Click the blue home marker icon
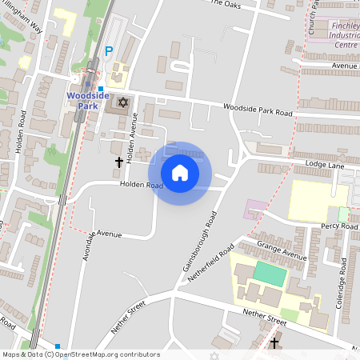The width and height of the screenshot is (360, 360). coord(180,173)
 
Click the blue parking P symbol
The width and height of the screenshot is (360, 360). coord(109,51)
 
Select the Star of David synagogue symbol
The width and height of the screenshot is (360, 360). coord(122,102)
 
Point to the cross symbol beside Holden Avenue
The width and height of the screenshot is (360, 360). coord(119,162)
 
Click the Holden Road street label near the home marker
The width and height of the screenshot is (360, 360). coord(141,186)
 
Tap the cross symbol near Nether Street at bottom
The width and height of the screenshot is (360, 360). coord(275,343)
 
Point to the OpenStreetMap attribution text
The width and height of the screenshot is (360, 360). coord(81,354)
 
